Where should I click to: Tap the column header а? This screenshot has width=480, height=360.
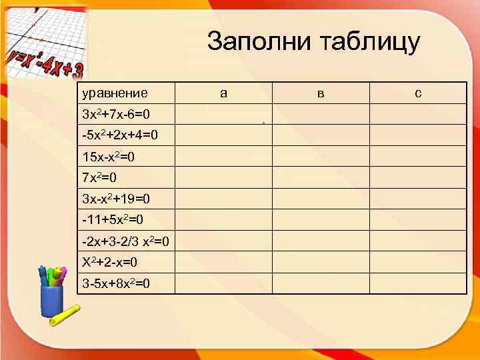coord(223,93)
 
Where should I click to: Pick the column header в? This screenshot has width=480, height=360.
coord(321,93)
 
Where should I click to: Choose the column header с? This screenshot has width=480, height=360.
coord(418,93)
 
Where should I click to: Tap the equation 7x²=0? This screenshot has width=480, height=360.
coord(100,178)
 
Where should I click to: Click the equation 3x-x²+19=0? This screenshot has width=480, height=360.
coord(115,199)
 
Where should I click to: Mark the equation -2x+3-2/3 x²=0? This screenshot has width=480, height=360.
coord(125,241)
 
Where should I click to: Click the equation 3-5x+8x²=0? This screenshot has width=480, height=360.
coord(115,283)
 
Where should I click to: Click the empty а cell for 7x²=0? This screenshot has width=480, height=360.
coord(223,178)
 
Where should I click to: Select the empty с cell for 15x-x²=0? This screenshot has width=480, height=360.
coord(418,157)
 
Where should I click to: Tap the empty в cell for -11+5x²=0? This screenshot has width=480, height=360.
coord(321,219)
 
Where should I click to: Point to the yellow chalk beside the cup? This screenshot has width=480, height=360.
coord(65,317)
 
